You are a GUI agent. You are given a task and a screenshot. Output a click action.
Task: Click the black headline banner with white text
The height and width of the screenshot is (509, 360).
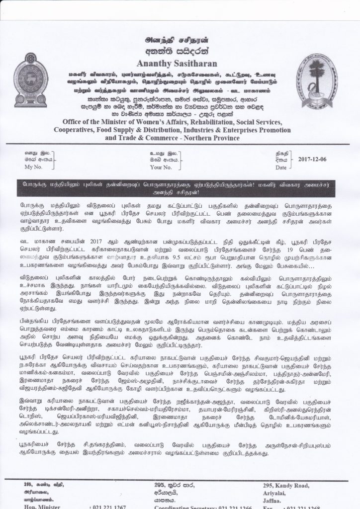pyautogui.click(x=180, y=189)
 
